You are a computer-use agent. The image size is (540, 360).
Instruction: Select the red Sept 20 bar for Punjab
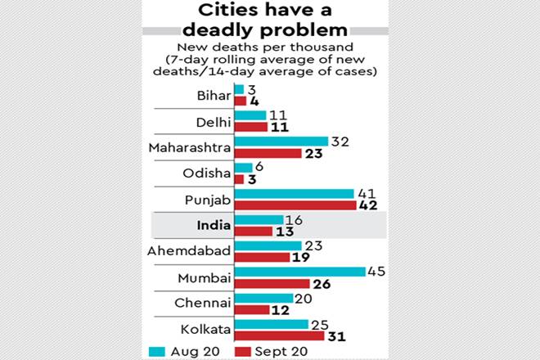click(294, 205)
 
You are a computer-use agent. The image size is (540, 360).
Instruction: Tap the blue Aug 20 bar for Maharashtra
click(281, 142)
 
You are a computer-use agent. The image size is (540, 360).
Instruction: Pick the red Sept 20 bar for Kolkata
click(277, 336)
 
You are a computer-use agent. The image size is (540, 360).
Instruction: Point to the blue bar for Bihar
click(239, 88)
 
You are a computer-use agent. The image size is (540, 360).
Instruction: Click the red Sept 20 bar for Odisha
click(240, 179)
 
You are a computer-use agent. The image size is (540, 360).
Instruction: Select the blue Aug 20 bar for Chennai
click(263, 298)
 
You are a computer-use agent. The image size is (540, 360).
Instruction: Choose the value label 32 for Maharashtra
click(340, 141)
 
